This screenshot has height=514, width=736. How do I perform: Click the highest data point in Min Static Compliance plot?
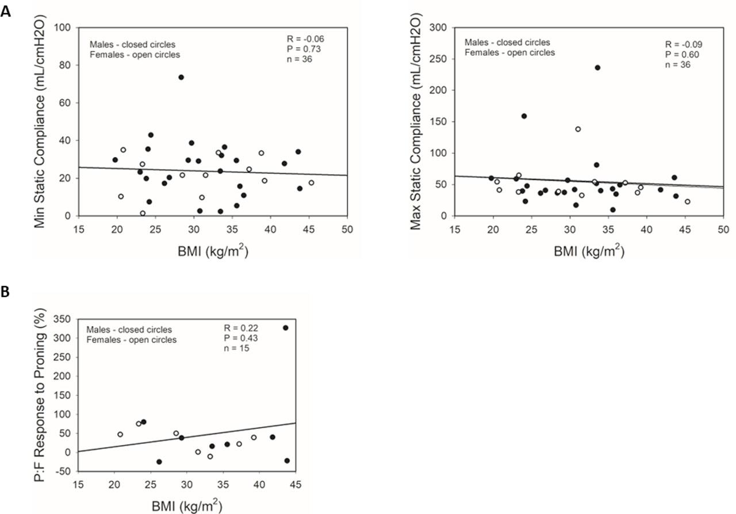coord(181,77)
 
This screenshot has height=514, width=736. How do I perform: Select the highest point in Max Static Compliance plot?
coord(597,67)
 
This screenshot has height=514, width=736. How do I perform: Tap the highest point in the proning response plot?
coord(286,328)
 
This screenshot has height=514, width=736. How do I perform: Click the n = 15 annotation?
coord(237,347)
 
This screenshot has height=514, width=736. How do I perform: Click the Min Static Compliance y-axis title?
coord(41,121)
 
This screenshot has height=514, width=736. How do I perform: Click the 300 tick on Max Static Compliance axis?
coord(440,28)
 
